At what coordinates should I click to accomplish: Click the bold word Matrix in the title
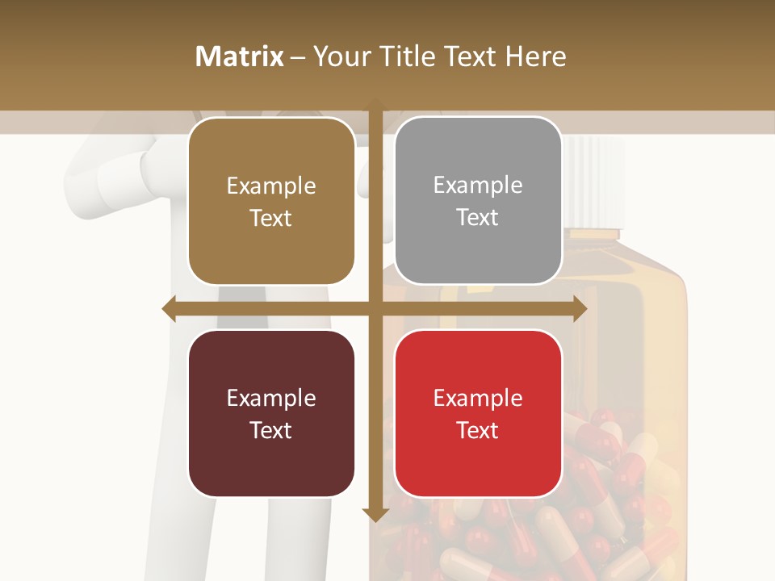point(240,56)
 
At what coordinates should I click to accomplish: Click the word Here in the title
point(535,56)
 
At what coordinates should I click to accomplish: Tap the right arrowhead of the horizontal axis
point(580,308)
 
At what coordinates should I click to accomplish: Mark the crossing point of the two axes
point(375,308)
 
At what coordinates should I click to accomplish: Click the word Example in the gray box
point(478,186)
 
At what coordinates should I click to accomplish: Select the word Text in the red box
point(478,430)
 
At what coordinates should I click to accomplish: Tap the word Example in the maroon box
point(271,398)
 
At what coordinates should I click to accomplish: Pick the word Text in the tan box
point(271,218)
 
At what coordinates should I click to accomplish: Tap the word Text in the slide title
point(469,56)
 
